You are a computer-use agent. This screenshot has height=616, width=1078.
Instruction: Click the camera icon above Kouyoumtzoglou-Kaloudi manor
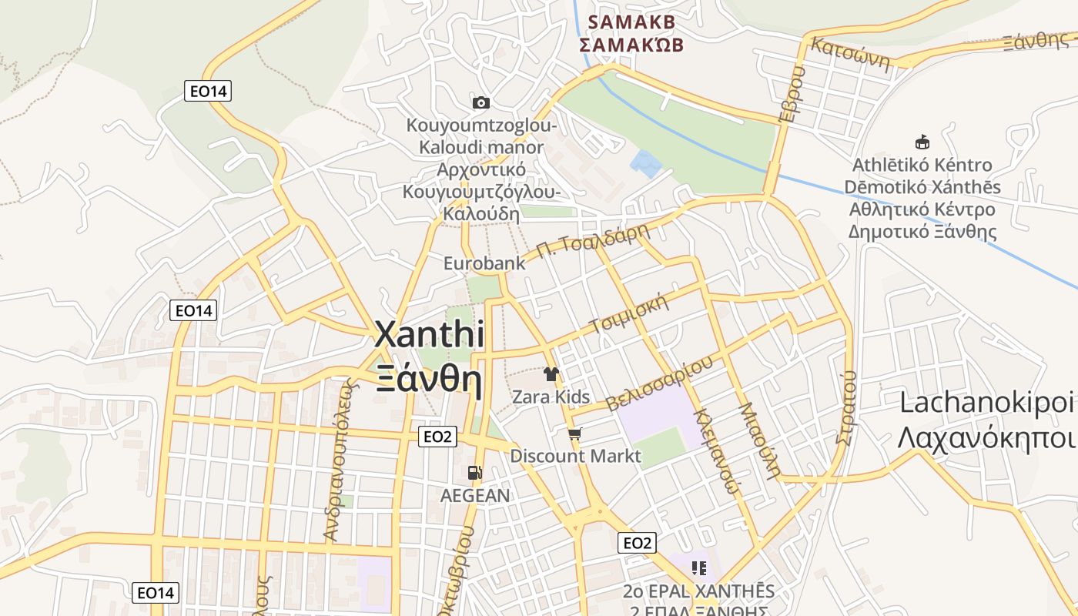click(x=480, y=102)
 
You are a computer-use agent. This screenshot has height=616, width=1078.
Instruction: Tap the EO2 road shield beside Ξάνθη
click(x=437, y=437)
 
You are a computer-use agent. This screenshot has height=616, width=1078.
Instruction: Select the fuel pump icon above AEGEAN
click(x=475, y=472)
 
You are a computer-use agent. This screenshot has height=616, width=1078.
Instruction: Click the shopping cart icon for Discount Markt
click(x=574, y=434)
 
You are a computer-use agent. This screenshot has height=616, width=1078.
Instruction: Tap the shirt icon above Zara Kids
click(x=551, y=375)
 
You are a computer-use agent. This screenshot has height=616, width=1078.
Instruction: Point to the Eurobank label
click(x=484, y=263)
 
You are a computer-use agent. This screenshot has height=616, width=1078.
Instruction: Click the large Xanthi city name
click(x=430, y=336)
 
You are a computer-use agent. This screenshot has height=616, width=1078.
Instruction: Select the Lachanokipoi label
click(x=986, y=403)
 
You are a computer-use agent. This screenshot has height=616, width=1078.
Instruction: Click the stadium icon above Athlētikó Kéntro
click(x=922, y=142)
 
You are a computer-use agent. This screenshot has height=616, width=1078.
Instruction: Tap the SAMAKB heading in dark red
click(x=631, y=22)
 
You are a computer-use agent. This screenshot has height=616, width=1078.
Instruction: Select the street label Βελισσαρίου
click(x=659, y=383)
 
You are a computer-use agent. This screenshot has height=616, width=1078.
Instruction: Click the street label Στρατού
click(x=845, y=407)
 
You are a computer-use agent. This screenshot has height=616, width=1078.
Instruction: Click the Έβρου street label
click(x=792, y=94)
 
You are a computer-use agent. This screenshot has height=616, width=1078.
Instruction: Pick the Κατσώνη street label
click(x=851, y=55)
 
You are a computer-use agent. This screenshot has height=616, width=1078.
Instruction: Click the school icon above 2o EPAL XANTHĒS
click(x=699, y=568)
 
